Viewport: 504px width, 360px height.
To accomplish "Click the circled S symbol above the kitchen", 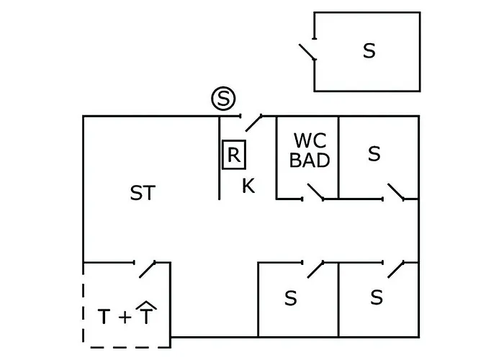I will pyautogui.click(x=223, y=99).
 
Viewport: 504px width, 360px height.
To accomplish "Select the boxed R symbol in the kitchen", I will pyautogui.click(x=233, y=154).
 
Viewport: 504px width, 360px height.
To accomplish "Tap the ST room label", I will pyautogui.click(x=143, y=193).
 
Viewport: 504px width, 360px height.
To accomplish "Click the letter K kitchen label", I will pyautogui.click(x=248, y=186).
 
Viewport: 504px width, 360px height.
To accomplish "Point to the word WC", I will pyautogui.click(x=309, y=140).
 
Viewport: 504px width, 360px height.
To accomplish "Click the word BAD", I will pyautogui.click(x=310, y=160).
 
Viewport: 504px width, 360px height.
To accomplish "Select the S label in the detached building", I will pyautogui.click(x=369, y=51).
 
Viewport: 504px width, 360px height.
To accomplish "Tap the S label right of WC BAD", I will pyautogui.click(x=374, y=154).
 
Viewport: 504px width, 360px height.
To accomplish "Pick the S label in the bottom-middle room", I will pyautogui.click(x=290, y=298).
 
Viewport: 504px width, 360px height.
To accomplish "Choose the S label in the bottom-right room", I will pyautogui.click(x=376, y=297).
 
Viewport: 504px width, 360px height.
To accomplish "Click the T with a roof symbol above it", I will pyautogui.click(x=146, y=314).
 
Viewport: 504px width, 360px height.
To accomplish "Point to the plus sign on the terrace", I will pyautogui.click(x=125, y=316).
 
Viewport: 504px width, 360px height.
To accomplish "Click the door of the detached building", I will pyautogui.click(x=308, y=52).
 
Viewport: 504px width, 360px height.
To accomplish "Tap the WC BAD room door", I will pyautogui.click(x=315, y=192).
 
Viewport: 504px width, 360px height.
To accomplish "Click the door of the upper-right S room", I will pyautogui.click(x=395, y=192).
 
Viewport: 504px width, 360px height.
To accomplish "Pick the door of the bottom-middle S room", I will pyautogui.click(x=315, y=269).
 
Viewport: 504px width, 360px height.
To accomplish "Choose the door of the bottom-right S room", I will pyautogui.click(x=395, y=269).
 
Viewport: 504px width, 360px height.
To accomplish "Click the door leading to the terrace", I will pyautogui.click(x=148, y=269).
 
